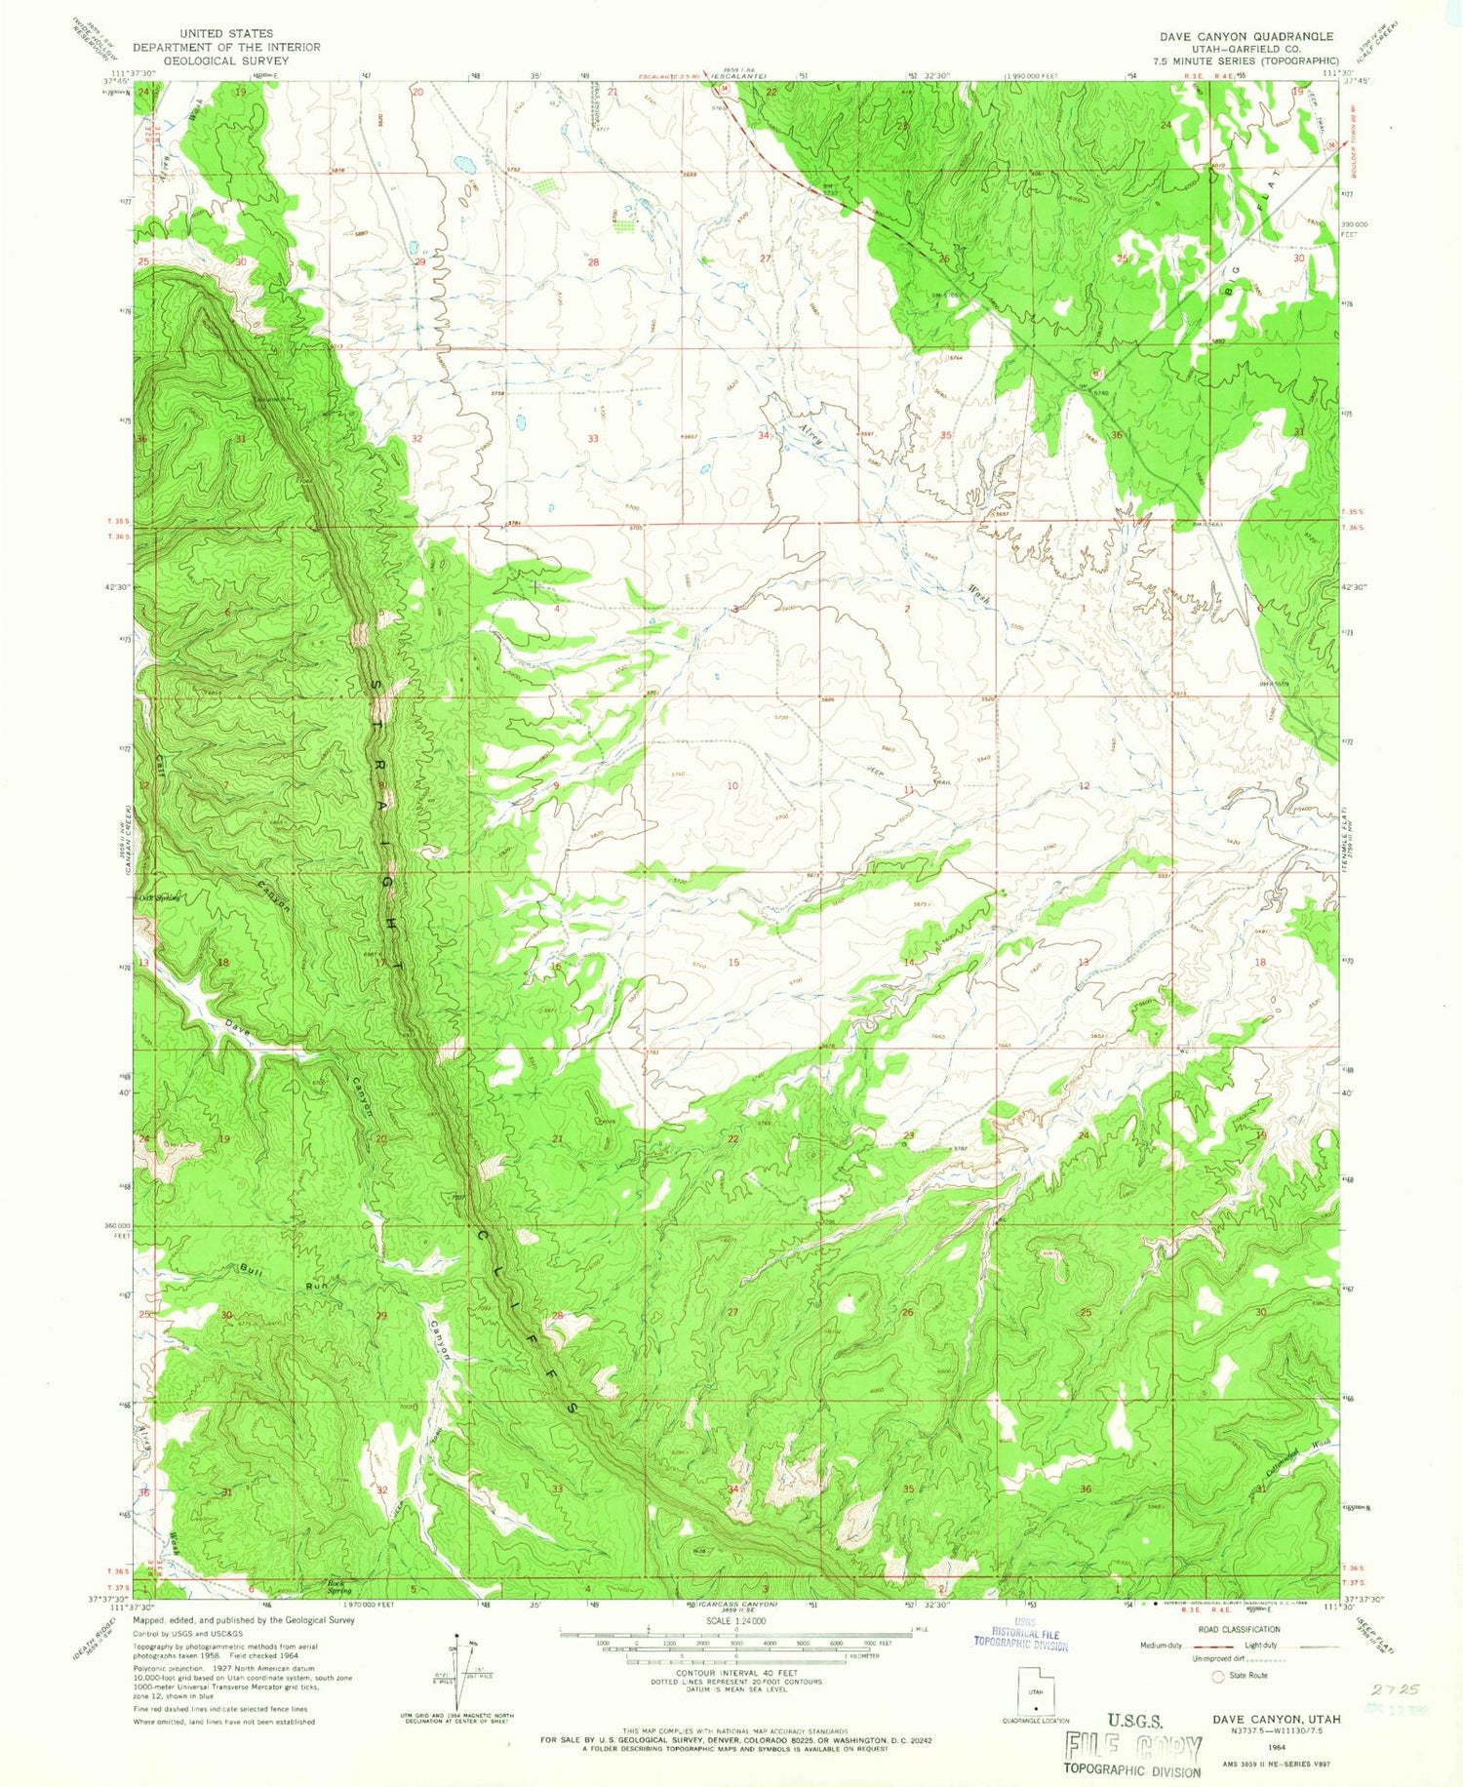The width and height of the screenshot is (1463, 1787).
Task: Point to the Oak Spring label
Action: point(160,898)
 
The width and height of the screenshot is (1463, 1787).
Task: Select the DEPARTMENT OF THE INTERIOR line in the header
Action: point(226,47)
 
